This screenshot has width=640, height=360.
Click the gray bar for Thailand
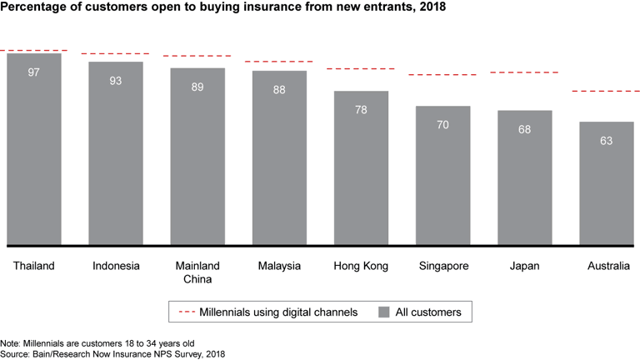(34, 150)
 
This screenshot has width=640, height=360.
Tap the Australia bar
(606, 183)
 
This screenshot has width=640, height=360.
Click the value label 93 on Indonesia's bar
(115, 81)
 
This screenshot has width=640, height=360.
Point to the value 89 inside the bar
(197, 87)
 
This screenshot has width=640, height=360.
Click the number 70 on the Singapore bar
(442, 125)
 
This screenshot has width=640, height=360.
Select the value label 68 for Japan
(524, 129)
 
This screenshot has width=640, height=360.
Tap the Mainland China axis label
(197, 272)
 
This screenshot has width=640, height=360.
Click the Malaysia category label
(279, 266)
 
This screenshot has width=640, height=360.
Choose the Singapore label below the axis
(442, 266)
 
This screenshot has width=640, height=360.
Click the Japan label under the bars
(524, 266)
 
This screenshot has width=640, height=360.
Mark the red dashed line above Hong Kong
(361, 68)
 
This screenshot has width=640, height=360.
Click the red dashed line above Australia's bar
(606, 91)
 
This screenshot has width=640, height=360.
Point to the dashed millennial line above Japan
(524, 72)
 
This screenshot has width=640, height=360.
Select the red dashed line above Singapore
(442, 75)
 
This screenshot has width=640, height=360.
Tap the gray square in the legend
(385, 312)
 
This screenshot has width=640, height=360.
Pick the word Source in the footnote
(16, 353)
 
